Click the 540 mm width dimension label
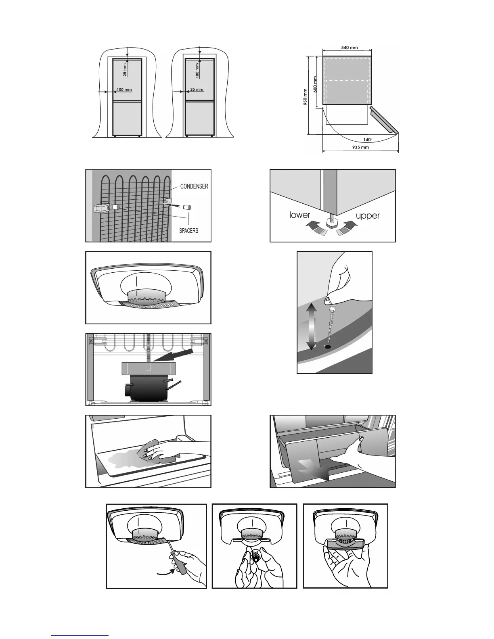click(349, 48)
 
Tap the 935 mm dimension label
click(360, 147)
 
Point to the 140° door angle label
click(368, 140)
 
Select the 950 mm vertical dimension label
click(306, 96)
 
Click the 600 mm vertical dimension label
click(315, 84)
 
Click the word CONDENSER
click(194, 186)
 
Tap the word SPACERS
click(188, 230)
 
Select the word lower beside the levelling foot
click(299, 215)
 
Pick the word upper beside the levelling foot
click(368, 216)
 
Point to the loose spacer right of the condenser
click(187, 207)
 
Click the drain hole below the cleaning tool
click(327, 347)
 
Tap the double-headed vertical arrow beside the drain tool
click(311, 326)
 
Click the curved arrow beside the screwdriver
click(166, 572)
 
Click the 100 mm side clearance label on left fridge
click(124, 90)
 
